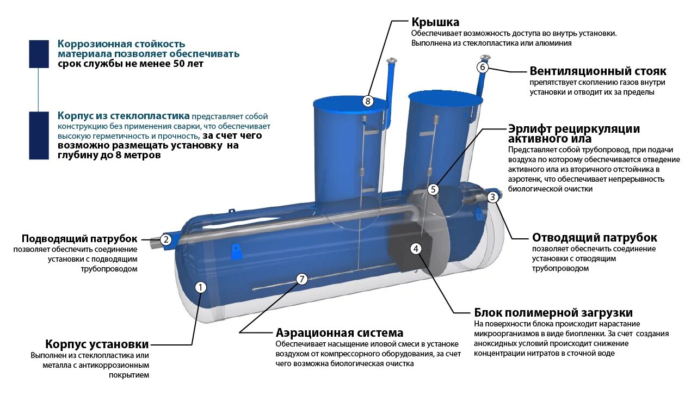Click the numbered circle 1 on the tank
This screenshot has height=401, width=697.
201,287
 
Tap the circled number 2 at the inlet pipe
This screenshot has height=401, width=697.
166,239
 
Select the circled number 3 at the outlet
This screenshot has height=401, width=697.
492,197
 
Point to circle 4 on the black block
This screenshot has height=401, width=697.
416,249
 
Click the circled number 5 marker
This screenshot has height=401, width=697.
433,189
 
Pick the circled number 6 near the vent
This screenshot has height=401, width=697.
483,67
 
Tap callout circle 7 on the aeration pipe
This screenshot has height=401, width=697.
302,279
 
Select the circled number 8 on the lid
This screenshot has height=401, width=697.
368,101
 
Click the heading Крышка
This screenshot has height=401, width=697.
435,22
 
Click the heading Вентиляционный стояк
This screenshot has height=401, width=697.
597,71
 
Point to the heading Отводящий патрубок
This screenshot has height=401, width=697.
594,238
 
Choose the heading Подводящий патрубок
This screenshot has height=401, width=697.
80,239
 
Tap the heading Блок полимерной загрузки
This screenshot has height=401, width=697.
553,313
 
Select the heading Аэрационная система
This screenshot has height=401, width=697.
340,333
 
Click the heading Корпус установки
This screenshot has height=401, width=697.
97,344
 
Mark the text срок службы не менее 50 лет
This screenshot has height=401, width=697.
131,64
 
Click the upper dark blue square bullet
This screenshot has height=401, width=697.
39,53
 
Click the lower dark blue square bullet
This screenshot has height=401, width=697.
39,135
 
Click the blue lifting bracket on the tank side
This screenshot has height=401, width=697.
237,251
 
